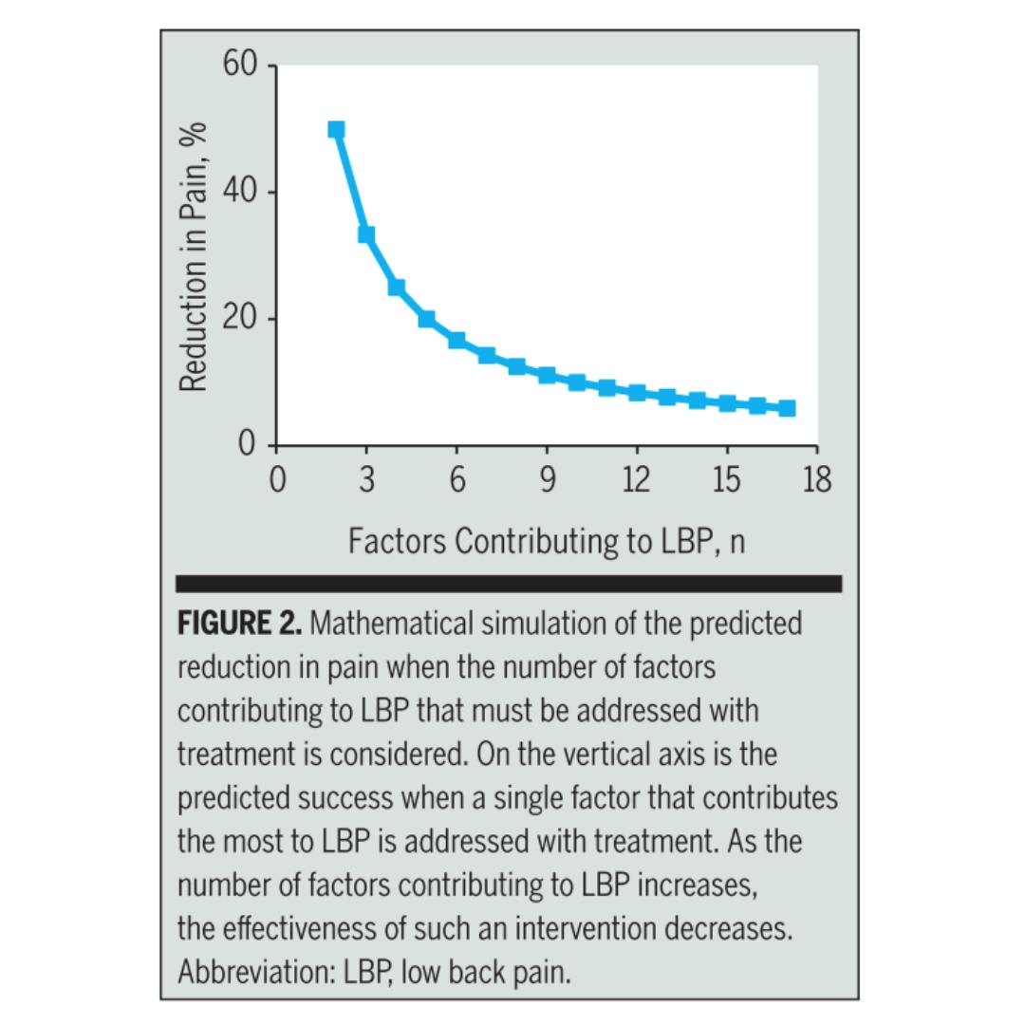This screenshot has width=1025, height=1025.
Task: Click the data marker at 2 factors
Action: pos(336,129)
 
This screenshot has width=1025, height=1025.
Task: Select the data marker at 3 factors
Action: pos(366,234)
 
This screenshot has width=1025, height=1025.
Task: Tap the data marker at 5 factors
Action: pos(426,319)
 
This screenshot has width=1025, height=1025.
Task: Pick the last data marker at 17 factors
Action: pos(787,408)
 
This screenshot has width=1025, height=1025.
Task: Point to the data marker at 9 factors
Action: pos(547,375)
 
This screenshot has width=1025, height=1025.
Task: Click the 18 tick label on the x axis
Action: pos(816,480)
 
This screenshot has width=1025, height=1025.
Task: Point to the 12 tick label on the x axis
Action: pos(636,480)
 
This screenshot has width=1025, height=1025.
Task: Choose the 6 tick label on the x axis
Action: pos(457,480)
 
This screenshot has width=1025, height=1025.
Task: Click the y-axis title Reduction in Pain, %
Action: pos(194,256)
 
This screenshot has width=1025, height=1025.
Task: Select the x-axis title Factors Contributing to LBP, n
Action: pos(547,542)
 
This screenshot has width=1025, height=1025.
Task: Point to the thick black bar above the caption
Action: pos(509,584)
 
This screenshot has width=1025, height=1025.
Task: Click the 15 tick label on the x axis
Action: pos(726,480)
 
